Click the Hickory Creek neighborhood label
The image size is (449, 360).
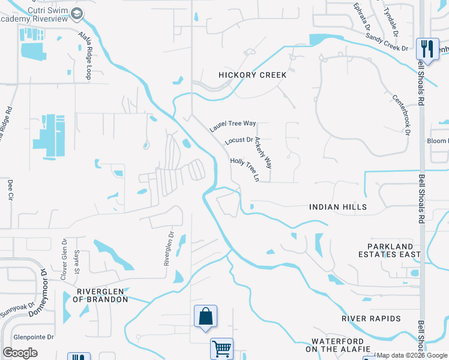click(x=252, y=75)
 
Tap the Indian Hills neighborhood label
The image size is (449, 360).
click(x=338, y=207)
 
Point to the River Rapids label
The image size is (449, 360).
click(x=370, y=318)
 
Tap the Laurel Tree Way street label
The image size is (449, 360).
click(x=233, y=126)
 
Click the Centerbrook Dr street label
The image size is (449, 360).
click(x=403, y=113)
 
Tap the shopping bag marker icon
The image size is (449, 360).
click(x=205, y=315)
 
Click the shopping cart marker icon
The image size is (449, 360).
click(x=221, y=347)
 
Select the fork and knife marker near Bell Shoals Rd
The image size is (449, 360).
click(x=427, y=47)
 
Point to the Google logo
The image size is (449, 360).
click(x=20, y=352)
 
